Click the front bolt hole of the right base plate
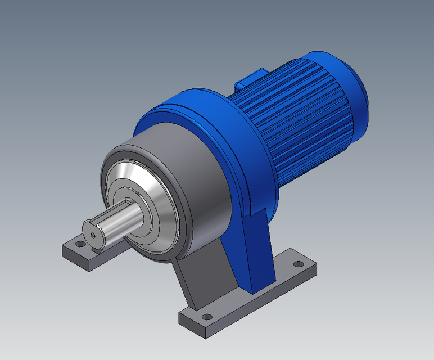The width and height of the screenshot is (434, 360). click(x=206, y=318)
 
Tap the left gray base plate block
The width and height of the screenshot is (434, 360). click(x=84, y=256)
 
